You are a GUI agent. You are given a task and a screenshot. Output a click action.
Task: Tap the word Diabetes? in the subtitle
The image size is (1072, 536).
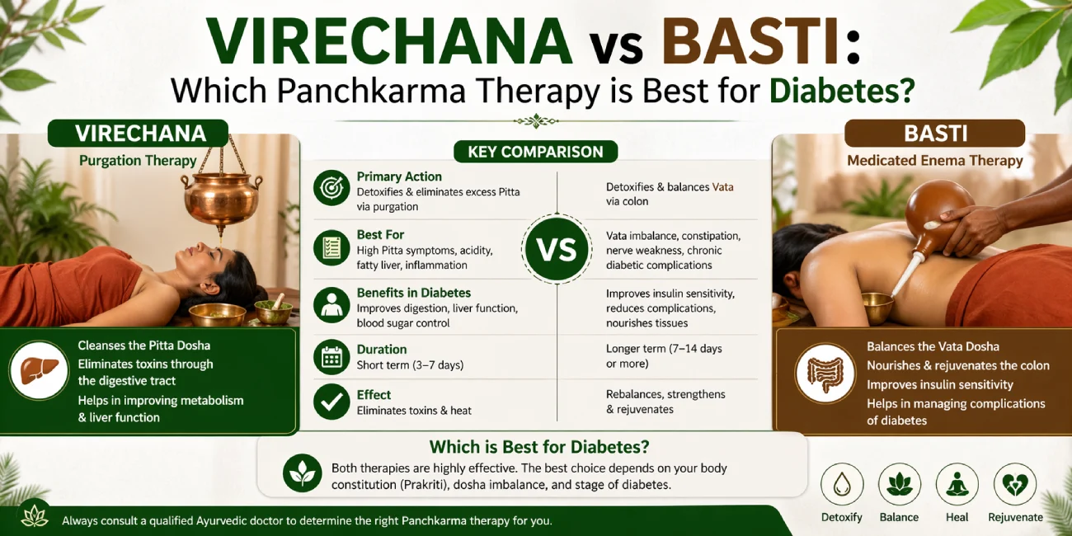842,90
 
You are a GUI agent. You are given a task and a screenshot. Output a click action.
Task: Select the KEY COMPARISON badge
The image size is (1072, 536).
535,152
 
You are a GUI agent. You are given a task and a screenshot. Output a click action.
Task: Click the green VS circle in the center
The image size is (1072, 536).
557,249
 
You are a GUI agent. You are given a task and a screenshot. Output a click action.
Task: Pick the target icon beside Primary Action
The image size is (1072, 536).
331,188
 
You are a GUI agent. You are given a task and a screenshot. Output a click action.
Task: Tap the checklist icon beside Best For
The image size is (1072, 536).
331,248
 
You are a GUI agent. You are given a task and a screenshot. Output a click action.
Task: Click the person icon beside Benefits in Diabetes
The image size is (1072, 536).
331,305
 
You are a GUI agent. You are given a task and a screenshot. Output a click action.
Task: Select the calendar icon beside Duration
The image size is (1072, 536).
331,357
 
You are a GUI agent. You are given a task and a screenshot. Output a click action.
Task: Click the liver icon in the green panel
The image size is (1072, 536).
39,371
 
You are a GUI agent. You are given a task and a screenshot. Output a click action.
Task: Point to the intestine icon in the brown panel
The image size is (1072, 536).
825,374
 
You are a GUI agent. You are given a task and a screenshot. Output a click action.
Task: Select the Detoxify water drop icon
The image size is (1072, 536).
842,484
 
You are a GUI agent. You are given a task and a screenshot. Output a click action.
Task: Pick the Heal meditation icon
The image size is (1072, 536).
957,484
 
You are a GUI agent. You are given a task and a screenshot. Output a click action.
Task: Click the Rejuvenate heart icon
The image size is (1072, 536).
1015,484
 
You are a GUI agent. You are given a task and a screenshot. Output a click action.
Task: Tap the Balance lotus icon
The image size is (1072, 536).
899,484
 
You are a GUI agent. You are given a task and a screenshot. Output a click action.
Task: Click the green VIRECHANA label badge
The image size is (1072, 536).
138,133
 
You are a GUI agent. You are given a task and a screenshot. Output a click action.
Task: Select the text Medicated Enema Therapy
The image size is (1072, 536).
934,160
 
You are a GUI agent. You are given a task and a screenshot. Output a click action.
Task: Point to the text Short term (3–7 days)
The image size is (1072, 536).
410,365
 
